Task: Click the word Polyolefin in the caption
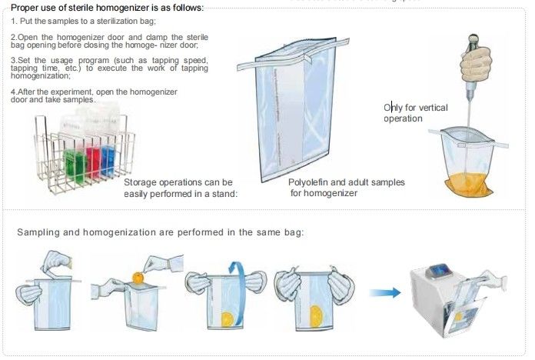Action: [311, 182]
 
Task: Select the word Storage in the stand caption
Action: [144, 182]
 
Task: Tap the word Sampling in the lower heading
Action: [40, 232]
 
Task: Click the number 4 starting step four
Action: [13, 92]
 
